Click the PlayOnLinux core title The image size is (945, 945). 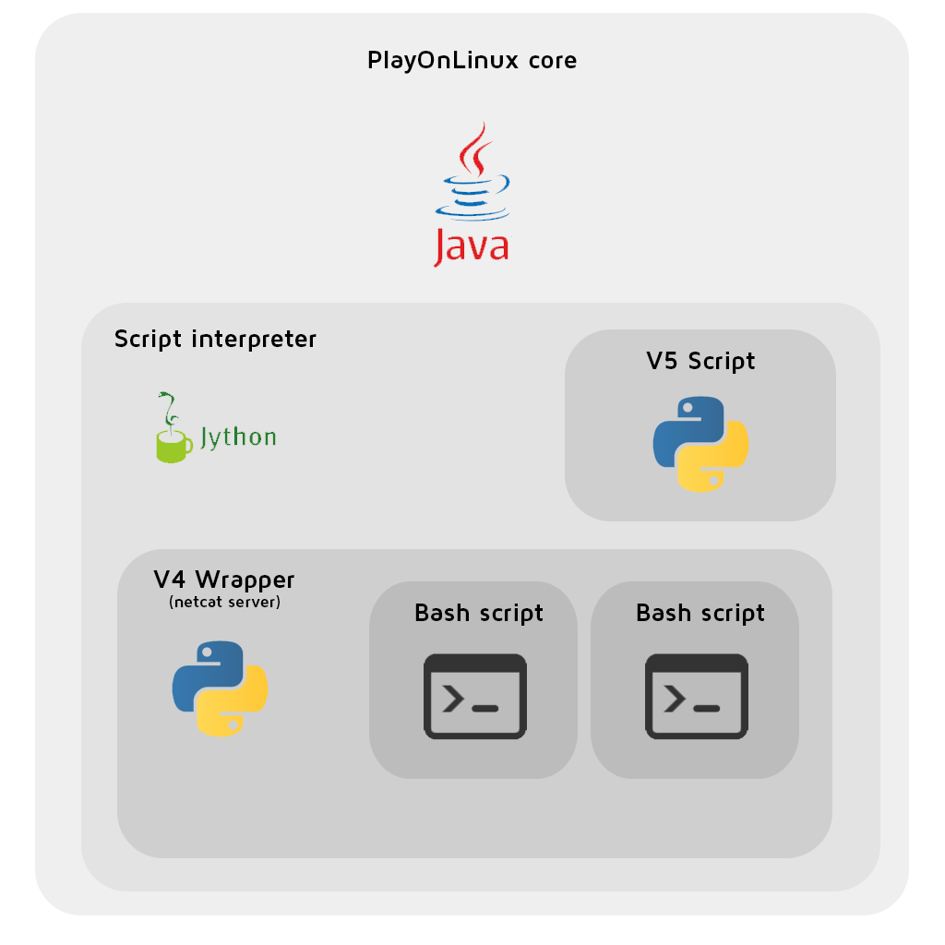click(472, 62)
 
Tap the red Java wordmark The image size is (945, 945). click(471, 246)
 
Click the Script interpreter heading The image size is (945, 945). click(215, 340)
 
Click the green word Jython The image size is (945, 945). click(238, 437)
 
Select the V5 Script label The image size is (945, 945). click(700, 361)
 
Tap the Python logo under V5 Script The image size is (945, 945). click(700, 444)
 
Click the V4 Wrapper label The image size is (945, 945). click(224, 580)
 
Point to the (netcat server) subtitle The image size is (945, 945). click(224, 603)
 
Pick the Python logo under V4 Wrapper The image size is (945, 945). click(220, 688)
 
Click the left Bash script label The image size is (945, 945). click(479, 613)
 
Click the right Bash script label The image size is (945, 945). click(700, 613)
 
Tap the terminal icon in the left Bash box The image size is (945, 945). click(474, 696)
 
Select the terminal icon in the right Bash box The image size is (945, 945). click(696, 696)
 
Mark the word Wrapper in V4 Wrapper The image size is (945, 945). click(245, 580)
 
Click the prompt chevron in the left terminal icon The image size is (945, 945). click(453, 700)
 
